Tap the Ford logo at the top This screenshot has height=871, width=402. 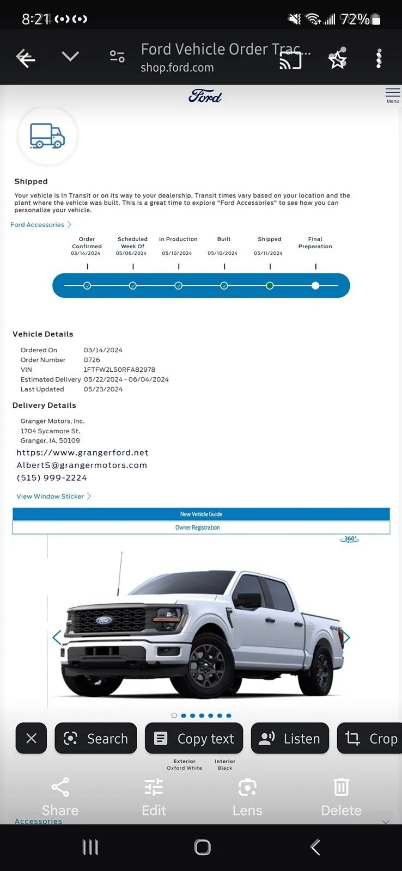pos(205,96)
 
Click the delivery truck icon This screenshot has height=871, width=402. pos(47,136)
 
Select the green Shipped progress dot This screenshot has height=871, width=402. pos(270,286)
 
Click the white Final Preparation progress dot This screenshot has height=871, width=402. pos(315,286)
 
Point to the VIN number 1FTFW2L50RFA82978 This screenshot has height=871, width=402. pos(119,370)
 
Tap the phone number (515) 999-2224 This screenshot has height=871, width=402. pos(52,477)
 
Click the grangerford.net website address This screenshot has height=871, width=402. pos(82,452)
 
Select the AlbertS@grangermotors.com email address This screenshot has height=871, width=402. pos(82,465)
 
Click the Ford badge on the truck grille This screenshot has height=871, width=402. pos(103,620)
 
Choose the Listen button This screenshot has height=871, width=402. pos(290,738)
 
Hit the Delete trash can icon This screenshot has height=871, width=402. pos(341,787)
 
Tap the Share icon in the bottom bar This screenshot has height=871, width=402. pos(60,787)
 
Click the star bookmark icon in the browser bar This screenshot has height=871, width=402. pos(338,58)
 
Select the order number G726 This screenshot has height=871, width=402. pos(92,360)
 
